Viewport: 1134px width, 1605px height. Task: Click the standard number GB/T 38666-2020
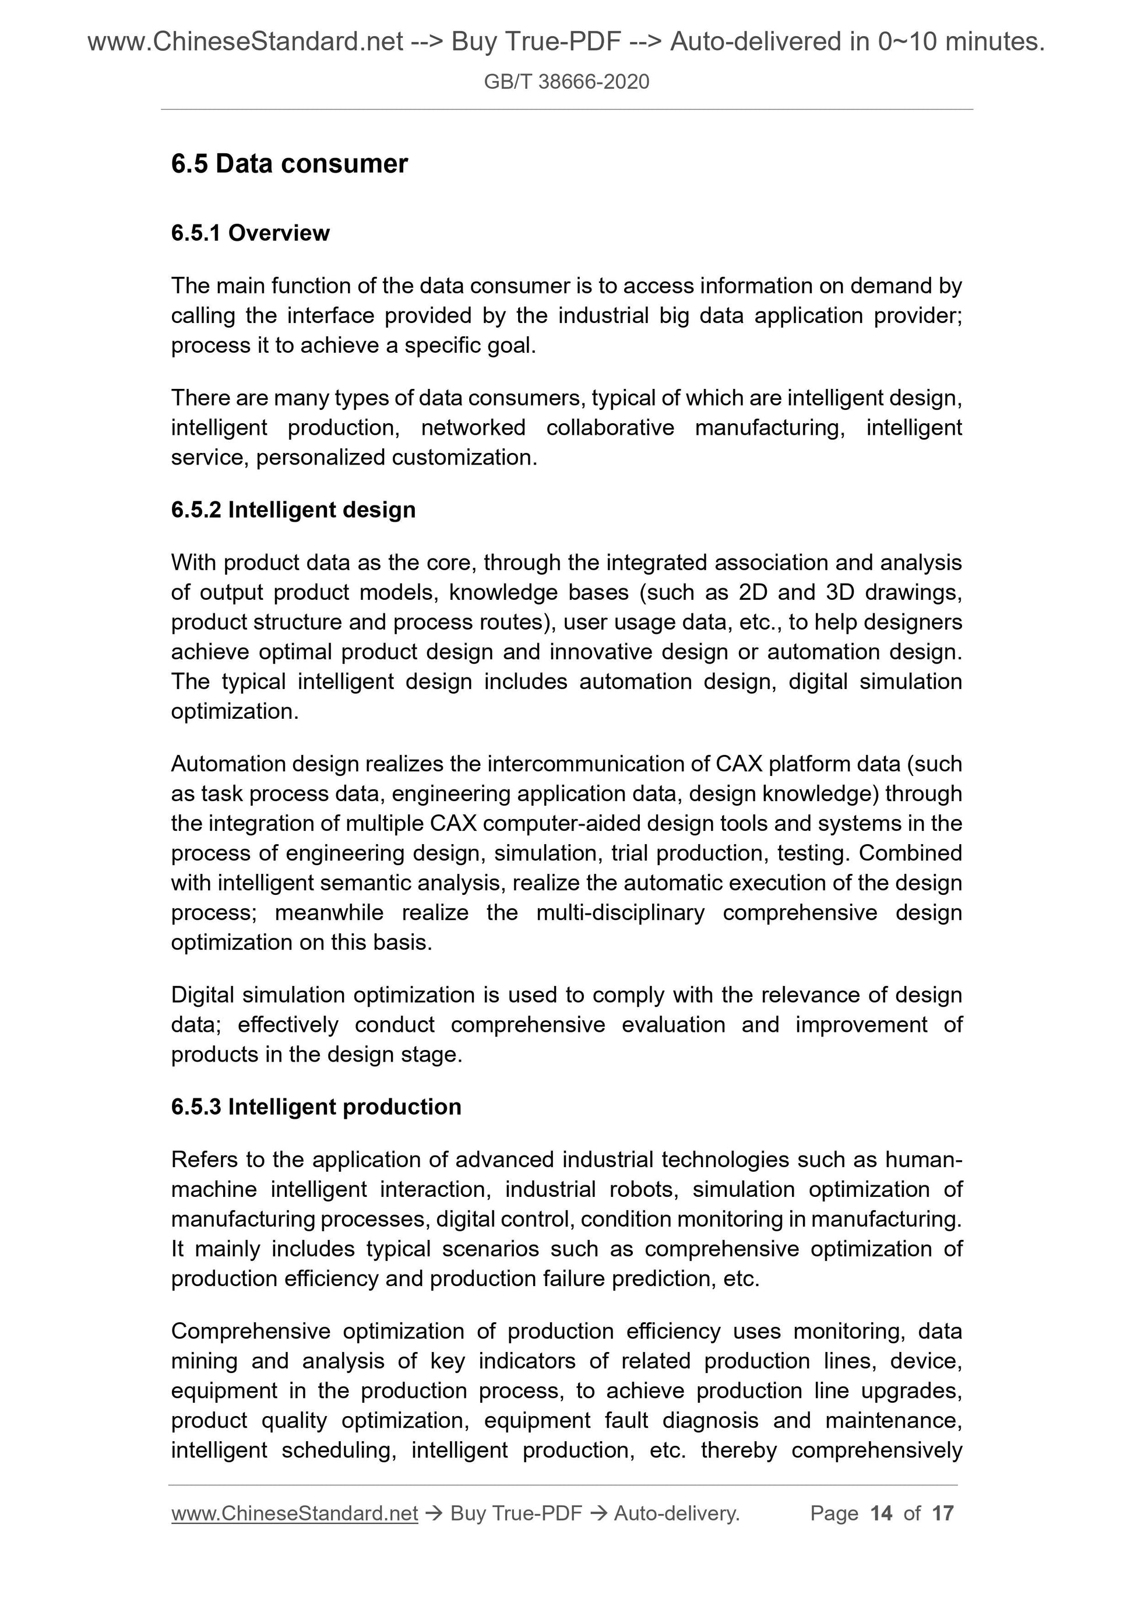[x=566, y=82]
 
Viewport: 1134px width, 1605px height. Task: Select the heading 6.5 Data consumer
[x=289, y=164]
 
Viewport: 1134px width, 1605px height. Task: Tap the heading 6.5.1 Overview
[x=250, y=233]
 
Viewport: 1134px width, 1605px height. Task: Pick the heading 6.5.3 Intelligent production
[x=316, y=1107]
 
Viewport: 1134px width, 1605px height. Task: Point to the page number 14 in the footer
[x=881, y=1513]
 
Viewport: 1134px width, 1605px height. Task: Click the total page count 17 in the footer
[x=942, y=1513]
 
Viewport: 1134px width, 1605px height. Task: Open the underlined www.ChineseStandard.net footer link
[x=294, y=1513]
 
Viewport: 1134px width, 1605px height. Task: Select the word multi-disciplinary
[x=621, y=912]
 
